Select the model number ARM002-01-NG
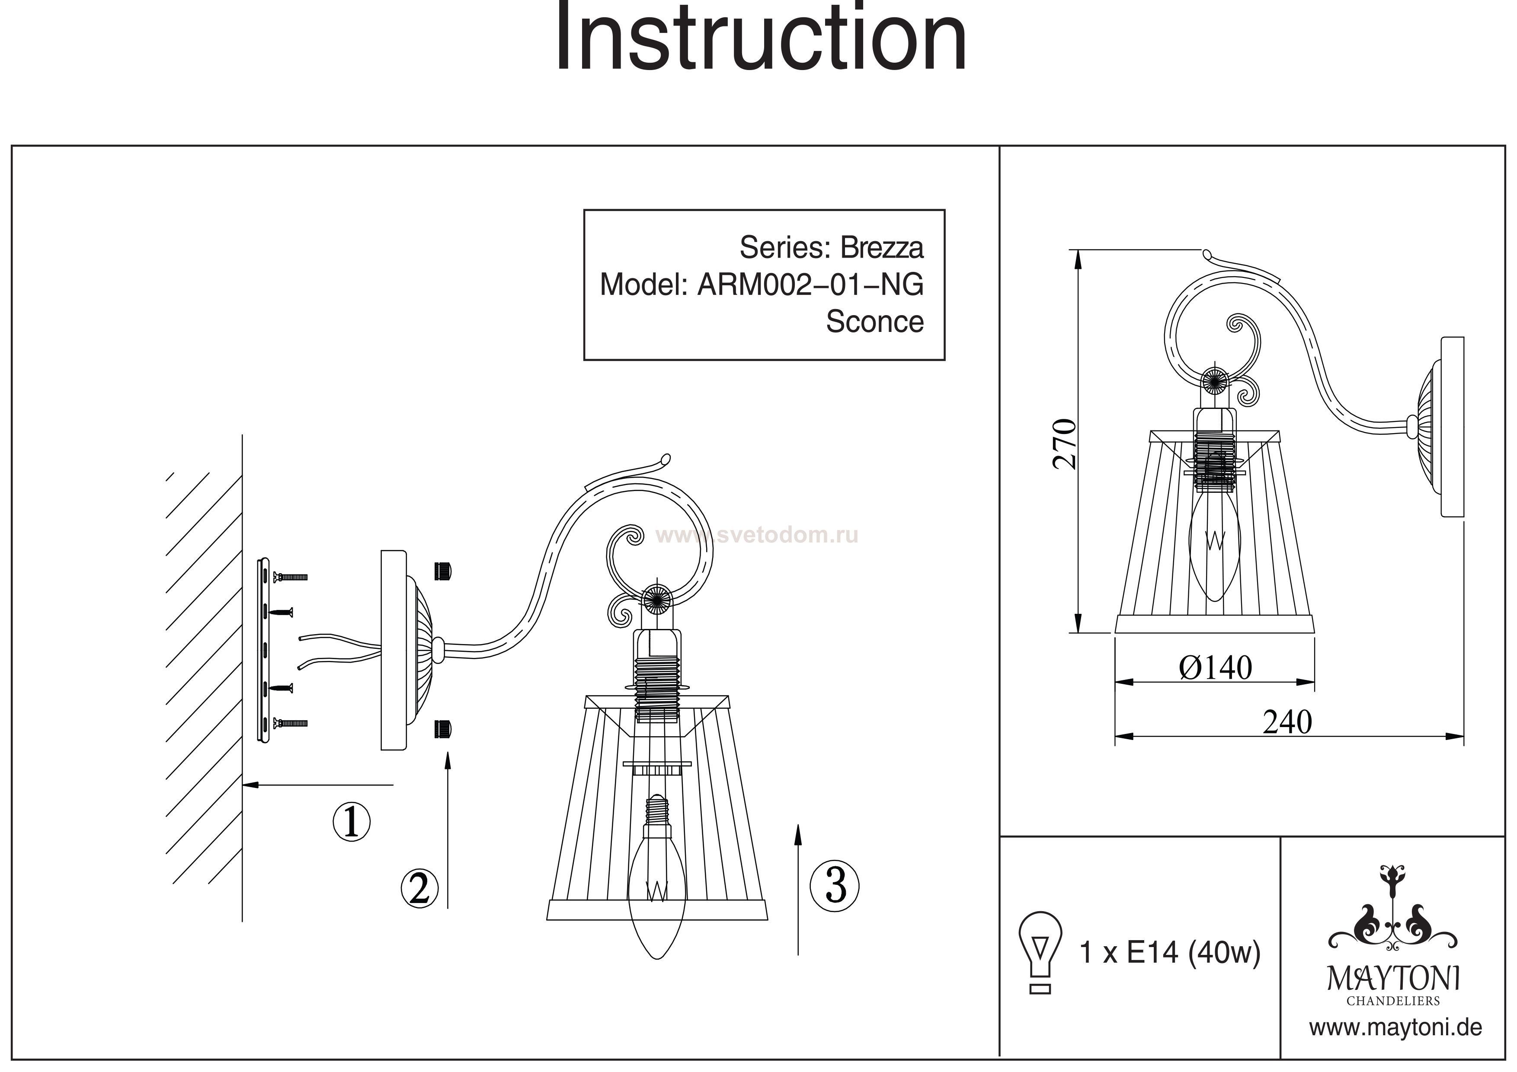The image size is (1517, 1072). (x=810, y=285)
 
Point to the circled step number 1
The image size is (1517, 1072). (x=351, y=822)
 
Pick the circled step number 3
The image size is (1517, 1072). (x=836, y=886)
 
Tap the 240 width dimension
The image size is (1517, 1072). (x=1287, y=723)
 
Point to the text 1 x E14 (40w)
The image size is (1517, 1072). (x=1169, y=952)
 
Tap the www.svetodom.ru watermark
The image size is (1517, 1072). (x=756, y=534)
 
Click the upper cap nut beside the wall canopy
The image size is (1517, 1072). (x=443, y=571)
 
